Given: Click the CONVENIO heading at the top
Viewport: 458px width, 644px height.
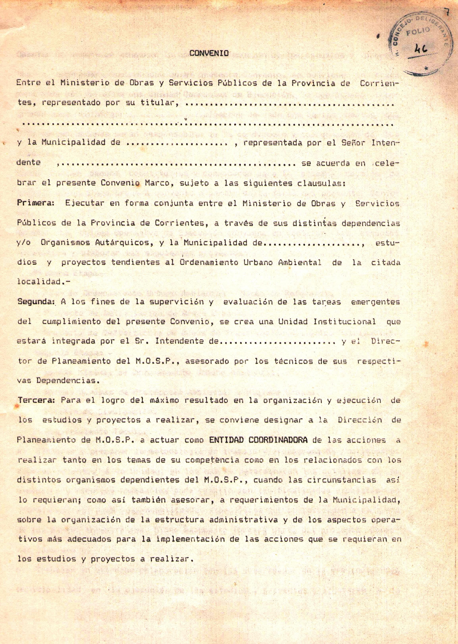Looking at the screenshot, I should (x=209, y=53).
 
